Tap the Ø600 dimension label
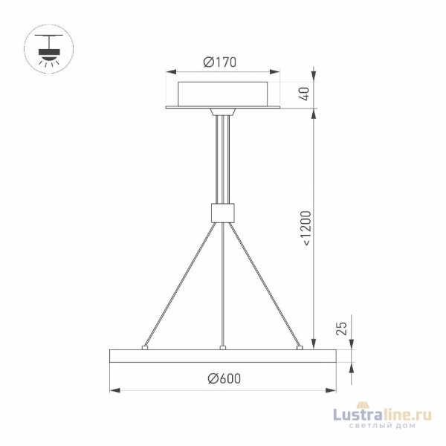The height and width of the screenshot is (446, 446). click(224, 378)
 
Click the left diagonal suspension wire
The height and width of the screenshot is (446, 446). click(183, 282)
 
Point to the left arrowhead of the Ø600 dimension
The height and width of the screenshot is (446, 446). click(114, 390)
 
